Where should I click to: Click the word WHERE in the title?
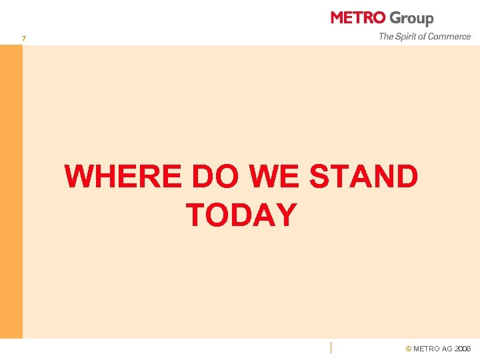[x=125, y=177]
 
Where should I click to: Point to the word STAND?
[x=364, y=177]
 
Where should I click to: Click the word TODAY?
[x=241, y=215]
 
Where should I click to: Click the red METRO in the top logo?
[x=358, y=18]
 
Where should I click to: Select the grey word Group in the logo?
[x=411, y=19]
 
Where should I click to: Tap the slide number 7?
[x=24, y=39]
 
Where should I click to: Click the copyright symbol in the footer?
[x=409, y=349]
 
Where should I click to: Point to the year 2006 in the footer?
[x=462, y=349]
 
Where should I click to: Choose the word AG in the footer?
[x=446, y=349]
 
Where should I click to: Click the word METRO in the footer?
[x=427, y=349]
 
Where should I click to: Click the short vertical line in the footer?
[x=331, y=346]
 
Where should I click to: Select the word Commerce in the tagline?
[x=450, y=37]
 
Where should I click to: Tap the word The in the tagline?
[x=386, y=37]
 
